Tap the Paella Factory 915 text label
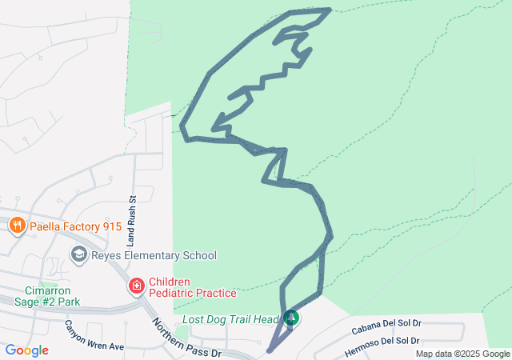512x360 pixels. tap(75, 226)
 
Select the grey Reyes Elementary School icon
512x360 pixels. tap(79, 255)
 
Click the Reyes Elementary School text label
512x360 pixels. tap(154, 256)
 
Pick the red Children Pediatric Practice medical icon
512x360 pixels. tap(137, 286)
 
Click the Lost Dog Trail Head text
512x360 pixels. tap(231, 319)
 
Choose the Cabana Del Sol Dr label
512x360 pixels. tap(386, 325)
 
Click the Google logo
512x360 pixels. tap(26, 350)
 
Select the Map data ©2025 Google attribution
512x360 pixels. tap(462, 354)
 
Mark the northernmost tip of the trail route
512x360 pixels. tap(328, 10)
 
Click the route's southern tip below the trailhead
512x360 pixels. tap(270, 350)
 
